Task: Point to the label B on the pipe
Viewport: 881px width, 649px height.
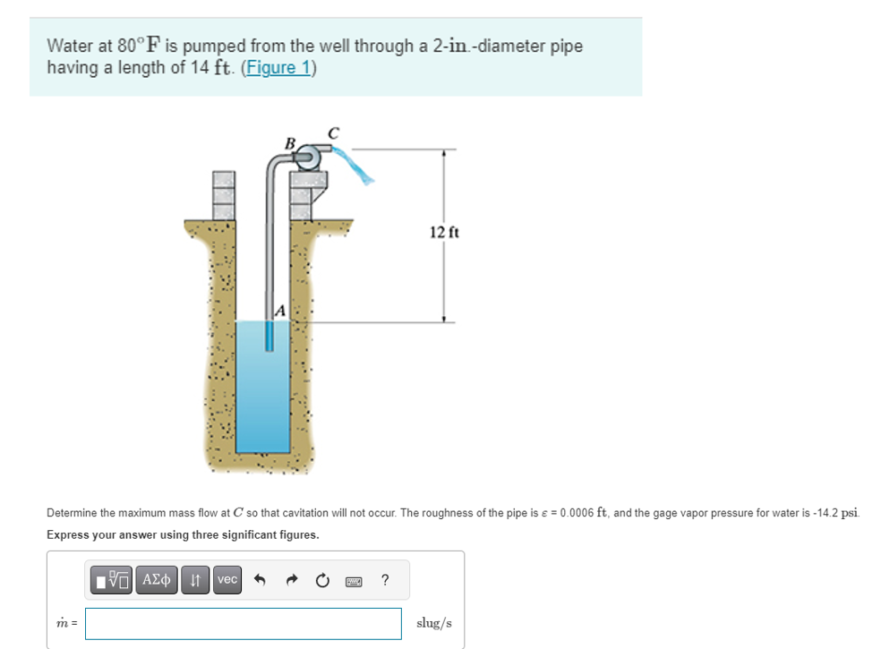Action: (288, 142)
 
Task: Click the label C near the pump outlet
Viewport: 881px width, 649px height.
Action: (332, 132)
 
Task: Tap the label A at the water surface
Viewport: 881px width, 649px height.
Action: (279, 311)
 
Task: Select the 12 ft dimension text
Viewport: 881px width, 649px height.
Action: (443, 233)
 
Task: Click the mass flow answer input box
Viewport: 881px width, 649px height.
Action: (243, 623)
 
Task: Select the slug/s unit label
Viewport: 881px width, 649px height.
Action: (434, 623)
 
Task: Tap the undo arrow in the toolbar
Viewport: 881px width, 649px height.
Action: (261, 580)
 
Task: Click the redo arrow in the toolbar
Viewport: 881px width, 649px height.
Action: (292, 580)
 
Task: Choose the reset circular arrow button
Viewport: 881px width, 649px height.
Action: (323, 580)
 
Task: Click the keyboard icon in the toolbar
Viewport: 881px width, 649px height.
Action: (355, 580)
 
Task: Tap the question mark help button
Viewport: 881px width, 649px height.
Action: (385, 580)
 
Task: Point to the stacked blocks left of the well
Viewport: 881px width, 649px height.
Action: (222, 195)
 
